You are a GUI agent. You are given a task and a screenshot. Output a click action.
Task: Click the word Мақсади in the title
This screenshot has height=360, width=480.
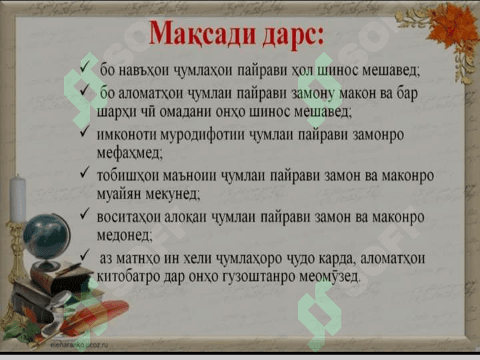tap(203, 33)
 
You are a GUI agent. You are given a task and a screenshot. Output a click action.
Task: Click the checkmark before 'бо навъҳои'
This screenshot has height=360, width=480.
tap(85, 66)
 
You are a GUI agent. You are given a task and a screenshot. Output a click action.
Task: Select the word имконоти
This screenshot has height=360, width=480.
tap(127, 135)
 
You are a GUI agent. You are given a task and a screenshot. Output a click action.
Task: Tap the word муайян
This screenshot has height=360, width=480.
tap(119, 194)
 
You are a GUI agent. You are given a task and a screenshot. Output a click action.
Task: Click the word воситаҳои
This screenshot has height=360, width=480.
tap(129, 217)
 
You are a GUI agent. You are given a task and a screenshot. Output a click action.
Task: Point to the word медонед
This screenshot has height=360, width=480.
tap(125, 235)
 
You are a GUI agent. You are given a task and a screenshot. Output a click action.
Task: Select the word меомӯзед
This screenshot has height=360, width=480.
tap(329, 276)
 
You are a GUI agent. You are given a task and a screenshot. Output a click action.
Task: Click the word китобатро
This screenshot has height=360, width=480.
tap(128, 277)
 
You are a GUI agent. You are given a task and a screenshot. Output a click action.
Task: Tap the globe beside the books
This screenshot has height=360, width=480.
tap(46, 236)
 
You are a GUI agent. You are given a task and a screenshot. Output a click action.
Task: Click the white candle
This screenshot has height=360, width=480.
tap(17, 199)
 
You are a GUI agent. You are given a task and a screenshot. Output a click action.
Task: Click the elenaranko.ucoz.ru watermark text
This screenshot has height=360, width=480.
tap(79, 345)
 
